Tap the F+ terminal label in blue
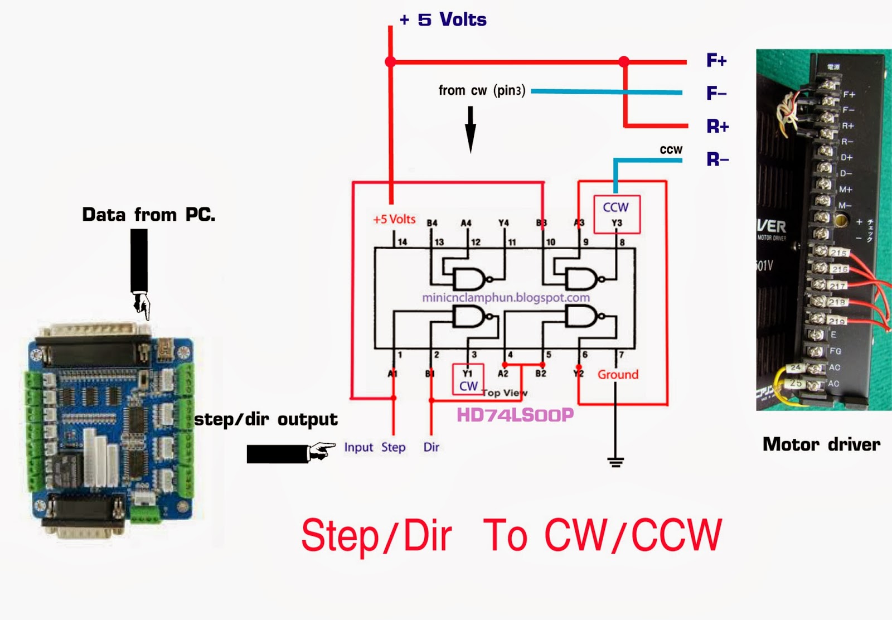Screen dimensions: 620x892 click(x=716, y=60)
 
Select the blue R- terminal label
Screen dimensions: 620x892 click(x=718, y=159)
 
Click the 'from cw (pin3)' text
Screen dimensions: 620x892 click(x=482, y=90)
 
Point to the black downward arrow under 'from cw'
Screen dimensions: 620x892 click(x=471, y=129)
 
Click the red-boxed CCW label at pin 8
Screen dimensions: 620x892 click(x=616, y=207)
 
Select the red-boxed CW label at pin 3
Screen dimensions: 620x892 click(x=468, y=386)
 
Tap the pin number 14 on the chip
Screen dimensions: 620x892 click(x=402, y=242)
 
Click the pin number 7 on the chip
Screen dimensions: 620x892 click(x=621, y=355)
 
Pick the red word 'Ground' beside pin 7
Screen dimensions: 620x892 click(x=618, y=375)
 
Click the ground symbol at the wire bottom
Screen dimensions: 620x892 click(x=615, y=462)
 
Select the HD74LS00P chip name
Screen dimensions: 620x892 click(x=515, y=415)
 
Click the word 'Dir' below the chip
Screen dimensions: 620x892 click(x=431, y=447)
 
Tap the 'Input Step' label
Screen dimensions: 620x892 click(x=375, y=447)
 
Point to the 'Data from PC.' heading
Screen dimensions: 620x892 click(x=148, y=215)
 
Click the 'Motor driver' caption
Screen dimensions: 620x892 click(x=821, y=444)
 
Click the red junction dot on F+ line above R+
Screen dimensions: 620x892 click(x=624, y=61)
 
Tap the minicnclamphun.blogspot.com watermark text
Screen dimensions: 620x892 click(x=506, y=298)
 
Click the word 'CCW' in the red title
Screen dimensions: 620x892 click(x=677, y=535)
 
